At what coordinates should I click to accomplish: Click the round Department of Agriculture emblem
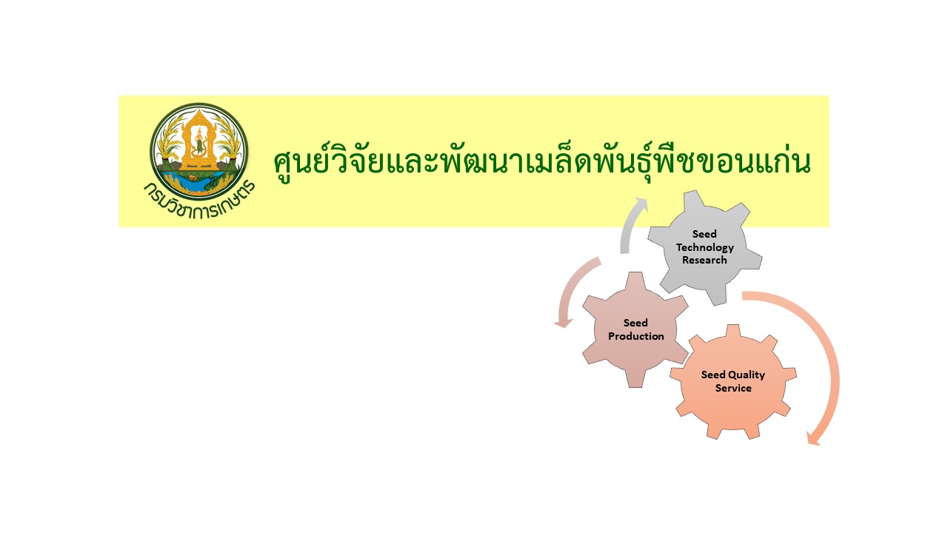pyautogui.click(x=199, y=152)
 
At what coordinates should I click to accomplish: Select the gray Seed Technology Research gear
pyautogui.click(x=704, y=247)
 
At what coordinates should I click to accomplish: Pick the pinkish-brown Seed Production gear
pyautogui.click(x=635, y=329)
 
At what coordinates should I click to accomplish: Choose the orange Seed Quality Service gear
pyautogui.click(x=733, y=381)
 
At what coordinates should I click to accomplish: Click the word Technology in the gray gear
pyautogui.click(x=704, y=247)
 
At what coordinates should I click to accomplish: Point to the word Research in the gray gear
pyautogui.click(x=704, y=260)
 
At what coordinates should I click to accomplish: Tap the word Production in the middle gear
pyautogui.click(x=635, y=336)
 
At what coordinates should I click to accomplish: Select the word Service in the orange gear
pyautogui.click(x=733, y=388)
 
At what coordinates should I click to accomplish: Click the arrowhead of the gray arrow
pyautogui.click(x=641, y=203)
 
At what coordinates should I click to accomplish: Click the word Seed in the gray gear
pyautogui.click(x=704, y=234)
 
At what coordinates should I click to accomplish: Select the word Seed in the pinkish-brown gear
pyautogui.click(x=635, y=323)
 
